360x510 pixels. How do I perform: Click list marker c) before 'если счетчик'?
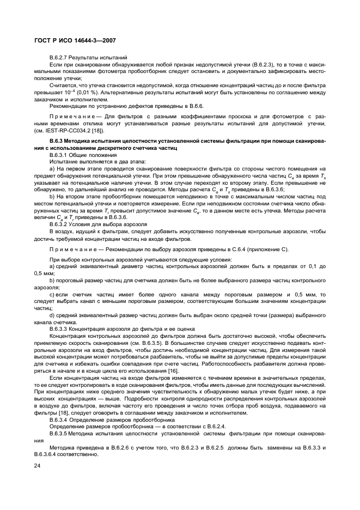52,295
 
